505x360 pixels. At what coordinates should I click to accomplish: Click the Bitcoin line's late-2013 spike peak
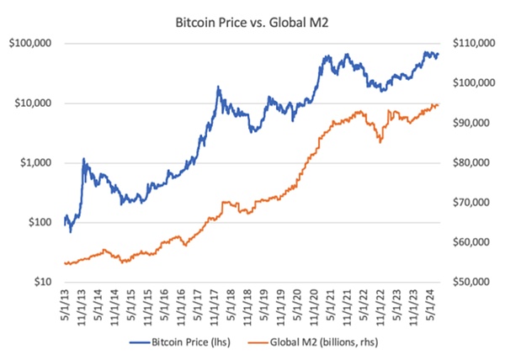click(83, 158)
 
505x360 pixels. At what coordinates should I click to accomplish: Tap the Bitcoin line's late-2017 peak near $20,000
click(218, 87)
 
